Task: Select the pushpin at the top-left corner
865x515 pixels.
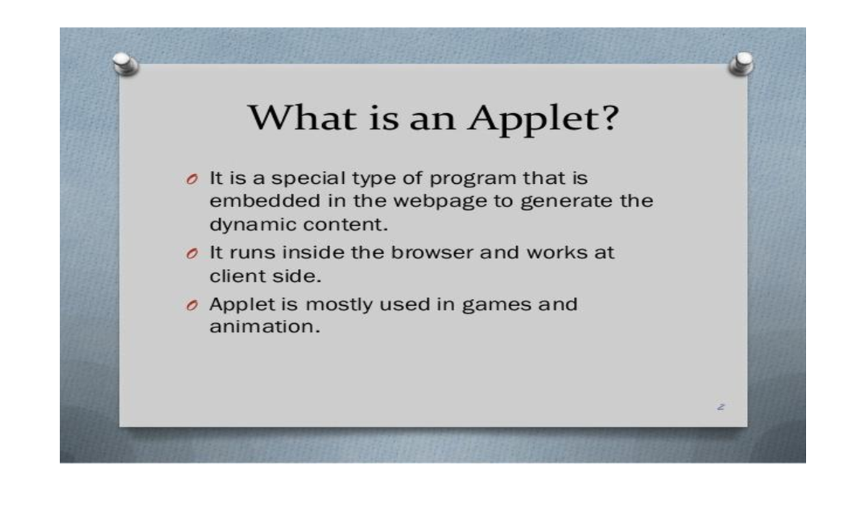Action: [127, 63]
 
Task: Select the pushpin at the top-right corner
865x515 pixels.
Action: [741, 63]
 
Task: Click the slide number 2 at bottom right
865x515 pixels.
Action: [719, 407]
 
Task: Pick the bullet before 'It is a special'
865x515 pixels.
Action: [192, 180]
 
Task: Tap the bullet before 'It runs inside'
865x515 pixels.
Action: [192, 254]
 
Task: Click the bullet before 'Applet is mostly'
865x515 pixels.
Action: [192, 306]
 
